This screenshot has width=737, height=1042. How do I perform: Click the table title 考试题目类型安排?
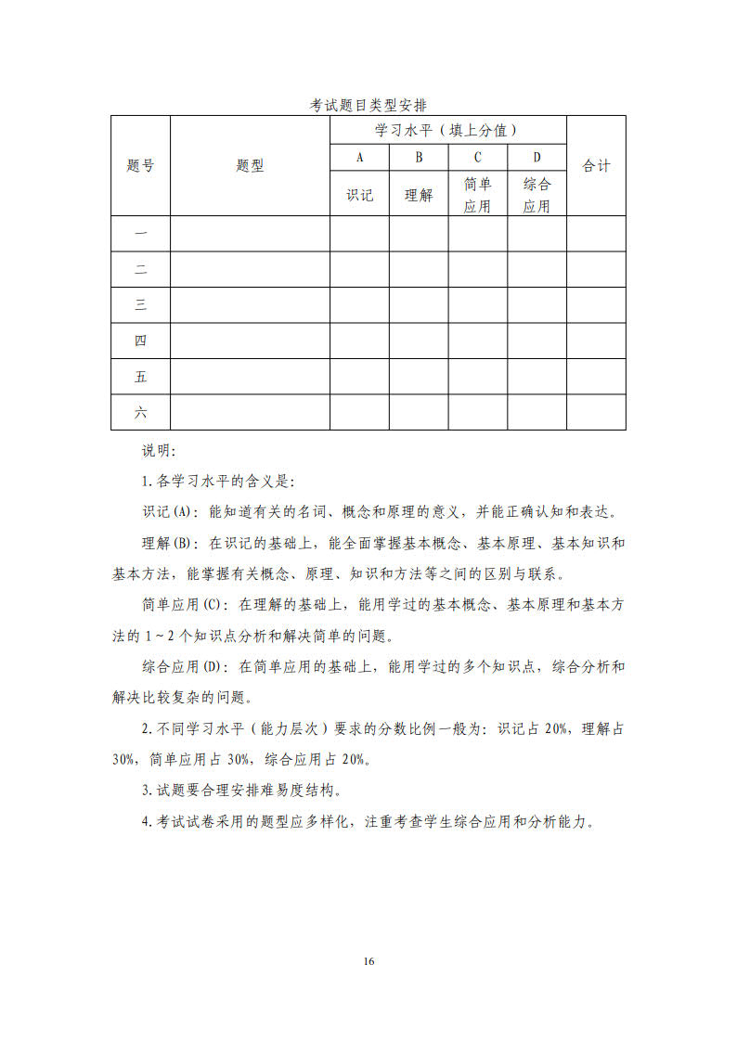point(368,105)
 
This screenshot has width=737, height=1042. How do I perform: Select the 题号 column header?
point(140,166)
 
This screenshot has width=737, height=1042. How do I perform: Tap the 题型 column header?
point(250,166)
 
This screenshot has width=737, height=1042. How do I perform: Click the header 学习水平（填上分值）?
point(446,130)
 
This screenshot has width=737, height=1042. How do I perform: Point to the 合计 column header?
point(596,166)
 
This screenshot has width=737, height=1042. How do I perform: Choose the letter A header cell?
point(359,158)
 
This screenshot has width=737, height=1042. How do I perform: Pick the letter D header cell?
point(537,158)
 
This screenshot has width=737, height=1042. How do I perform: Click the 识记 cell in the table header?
point(359,195)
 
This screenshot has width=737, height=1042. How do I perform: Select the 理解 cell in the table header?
point(419,195)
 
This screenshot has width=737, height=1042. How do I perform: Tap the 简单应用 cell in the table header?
point(477,195)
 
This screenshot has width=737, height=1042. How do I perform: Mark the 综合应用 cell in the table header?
point(537,195)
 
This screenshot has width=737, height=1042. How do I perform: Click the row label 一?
point(140,234)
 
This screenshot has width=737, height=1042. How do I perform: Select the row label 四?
point(140,341)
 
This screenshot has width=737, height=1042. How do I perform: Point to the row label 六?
point(140,412)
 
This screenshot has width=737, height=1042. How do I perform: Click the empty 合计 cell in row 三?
point(596,305)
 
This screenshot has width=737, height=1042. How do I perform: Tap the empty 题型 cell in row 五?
point(250,377)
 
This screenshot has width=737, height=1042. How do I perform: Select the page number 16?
point(368,961)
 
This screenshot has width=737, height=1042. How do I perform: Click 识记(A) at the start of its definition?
point(166,512)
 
